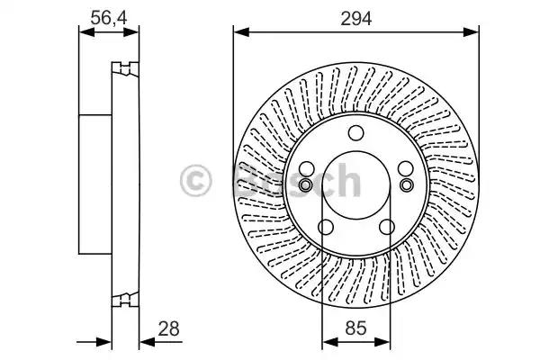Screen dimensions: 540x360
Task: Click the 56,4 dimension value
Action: tap(109, 18)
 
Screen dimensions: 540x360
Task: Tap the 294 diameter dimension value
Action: tap(356, 19)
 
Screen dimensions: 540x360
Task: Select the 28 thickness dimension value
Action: tap(169, 328)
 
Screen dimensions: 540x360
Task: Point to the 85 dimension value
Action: tap(356, 328)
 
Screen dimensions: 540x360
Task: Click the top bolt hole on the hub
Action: tap(355, 133)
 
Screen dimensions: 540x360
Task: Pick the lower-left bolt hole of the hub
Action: tap(326, 227)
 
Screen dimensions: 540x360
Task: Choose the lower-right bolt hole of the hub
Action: tap(387, 227)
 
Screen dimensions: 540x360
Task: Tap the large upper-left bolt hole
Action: tap(307, 169)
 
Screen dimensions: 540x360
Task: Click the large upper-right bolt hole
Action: tap(406, 169)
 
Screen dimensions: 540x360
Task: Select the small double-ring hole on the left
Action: tap(305, 185)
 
